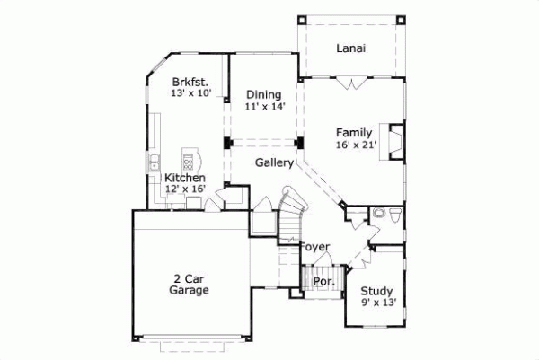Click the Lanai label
pos(349,48)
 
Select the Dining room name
pos(262,94)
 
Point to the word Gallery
pos(274,163)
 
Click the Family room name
pos(353,133)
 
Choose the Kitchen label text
pos(190,178)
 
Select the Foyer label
pos(314,247)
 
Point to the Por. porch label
pos(323,281)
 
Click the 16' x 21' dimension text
pos(356,145)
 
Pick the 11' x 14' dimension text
pos(262,106)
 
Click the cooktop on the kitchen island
pos(189,162)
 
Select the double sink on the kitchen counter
pos(154,163)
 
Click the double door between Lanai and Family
pos(349,83)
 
